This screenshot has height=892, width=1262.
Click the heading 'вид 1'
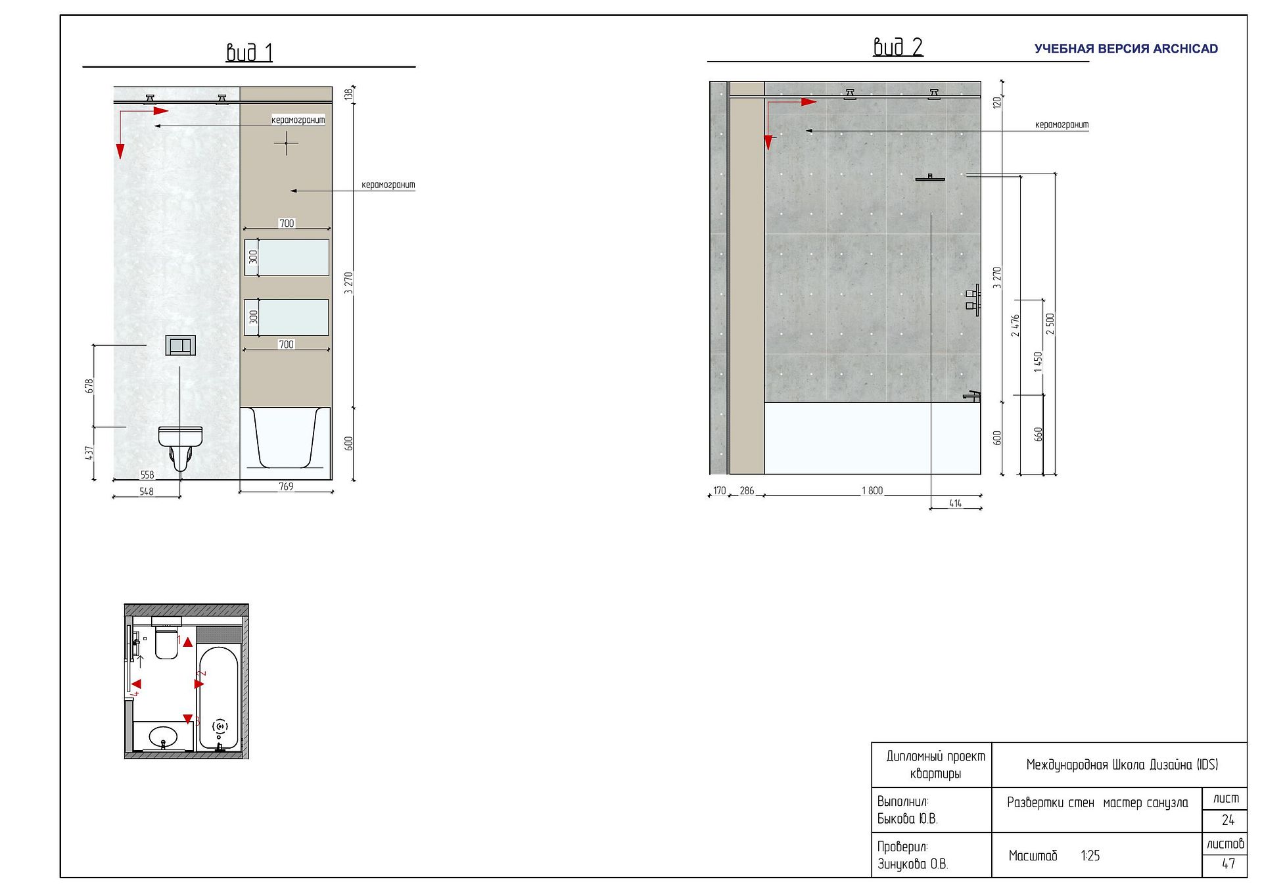tap(249, 53)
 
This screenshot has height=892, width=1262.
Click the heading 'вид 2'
tap(898, 47)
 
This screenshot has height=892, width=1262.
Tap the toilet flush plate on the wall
tap(180, 345)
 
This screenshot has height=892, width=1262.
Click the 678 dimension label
tap(89, 386)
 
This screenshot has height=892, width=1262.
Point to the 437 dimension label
tap(89, 452)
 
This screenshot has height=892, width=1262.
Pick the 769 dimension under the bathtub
tap(286, 486)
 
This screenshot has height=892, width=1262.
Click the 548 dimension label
tap(147, 491)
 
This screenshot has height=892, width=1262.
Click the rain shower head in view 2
tap(930, 177)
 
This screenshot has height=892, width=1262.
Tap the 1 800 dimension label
tap(872, 490)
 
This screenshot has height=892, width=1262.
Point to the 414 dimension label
tap(956, 503)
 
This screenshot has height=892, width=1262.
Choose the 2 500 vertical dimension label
tap(1050, 323)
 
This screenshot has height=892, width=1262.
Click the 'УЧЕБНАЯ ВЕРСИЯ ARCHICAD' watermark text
tap(1126, 49)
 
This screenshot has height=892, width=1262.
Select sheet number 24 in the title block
tap(1228, 820)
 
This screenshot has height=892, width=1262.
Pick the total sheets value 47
tap(1228, 864)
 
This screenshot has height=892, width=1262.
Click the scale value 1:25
tap(1090, 855)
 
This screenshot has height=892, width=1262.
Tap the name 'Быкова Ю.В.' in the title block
tap(907, 818)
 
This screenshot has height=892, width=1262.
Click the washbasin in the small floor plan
tap(163, 737)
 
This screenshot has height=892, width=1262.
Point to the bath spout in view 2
tap(972, 396)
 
